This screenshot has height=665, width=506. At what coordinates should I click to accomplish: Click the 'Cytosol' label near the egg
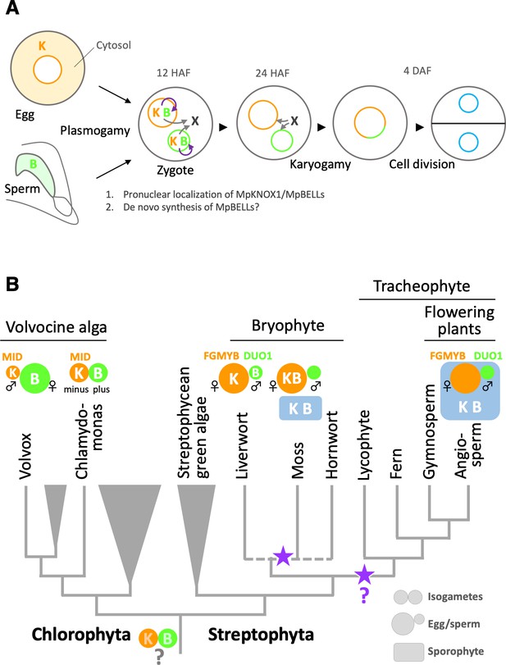click(113, 45)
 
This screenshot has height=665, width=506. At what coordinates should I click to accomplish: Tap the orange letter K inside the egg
click(42, 46)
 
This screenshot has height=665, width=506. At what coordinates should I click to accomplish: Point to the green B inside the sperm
click(33, 164)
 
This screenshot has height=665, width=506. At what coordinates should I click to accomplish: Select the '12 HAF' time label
click(174, 73)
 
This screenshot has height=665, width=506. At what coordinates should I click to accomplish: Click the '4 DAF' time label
click(417, 71)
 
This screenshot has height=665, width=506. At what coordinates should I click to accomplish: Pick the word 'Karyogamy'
click(320, 165)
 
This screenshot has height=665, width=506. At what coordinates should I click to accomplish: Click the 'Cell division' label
click(422, 164)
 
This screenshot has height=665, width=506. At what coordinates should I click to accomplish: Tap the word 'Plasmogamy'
click(95, 130)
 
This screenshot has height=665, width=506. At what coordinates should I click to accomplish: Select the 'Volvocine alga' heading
click(56, 327)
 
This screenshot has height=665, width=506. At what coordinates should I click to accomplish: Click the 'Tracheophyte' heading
click(422, 286)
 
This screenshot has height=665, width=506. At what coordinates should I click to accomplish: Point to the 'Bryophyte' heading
click(288, 326)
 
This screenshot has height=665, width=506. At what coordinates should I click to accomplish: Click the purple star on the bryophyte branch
click(283, 557)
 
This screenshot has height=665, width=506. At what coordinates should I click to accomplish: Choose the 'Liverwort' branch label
click(241, 445)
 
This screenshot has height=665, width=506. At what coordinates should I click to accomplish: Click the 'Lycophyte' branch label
click(364, 445)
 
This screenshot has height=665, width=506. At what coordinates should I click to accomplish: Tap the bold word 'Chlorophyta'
click(80, 635)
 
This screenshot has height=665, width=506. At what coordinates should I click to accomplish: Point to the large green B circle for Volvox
click(35, 378)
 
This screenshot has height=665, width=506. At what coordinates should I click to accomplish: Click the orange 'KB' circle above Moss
click(291, 378)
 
